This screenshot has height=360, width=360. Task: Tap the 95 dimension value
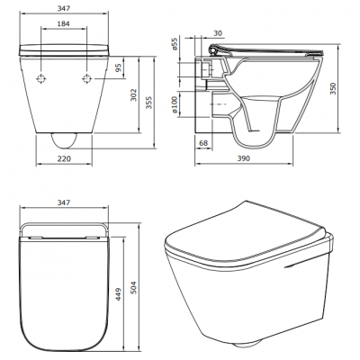point(119,67)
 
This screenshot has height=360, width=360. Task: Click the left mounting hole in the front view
point(41,80)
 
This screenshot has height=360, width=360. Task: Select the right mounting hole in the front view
point(85,80)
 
